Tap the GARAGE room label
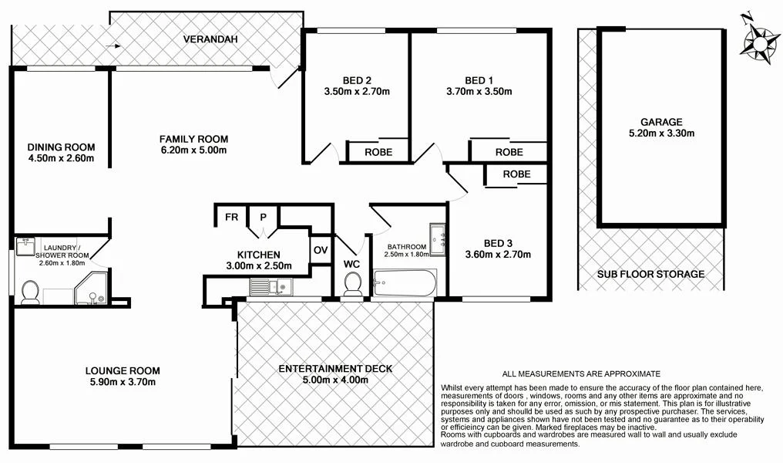tap(660, 122)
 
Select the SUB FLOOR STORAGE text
tap(651, 274)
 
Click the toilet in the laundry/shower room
tap(30, 292)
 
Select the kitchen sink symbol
tap(269, 288)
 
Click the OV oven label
tap(321, 250)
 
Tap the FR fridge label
tap(230, 217)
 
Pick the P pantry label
tap(263, 217)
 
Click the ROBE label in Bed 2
tap(378, 152)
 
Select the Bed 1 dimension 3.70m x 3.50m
tap(479, 91)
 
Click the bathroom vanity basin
tap(438, 238)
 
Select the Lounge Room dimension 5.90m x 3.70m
tap(121, 381)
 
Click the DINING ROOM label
tap(60, 147)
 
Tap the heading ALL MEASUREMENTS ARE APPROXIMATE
tap(581, 373)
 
